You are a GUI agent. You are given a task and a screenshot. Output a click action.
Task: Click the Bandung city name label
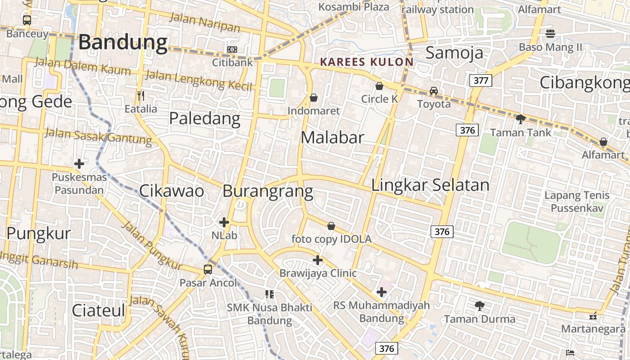[x=122, y=42]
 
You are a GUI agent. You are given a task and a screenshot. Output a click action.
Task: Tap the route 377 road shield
[x=481, y=81]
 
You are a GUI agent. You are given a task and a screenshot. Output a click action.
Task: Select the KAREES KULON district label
[x=366, y=62]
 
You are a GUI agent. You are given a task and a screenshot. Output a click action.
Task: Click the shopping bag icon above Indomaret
[x=314, y=98]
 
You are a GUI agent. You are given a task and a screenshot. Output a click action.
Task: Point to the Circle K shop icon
[x=379, y=86]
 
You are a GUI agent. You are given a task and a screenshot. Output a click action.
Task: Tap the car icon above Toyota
[x=433, y=91]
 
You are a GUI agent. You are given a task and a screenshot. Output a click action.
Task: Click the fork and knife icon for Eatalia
[x=141, y=95]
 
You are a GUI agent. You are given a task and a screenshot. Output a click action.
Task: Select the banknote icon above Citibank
[x=232, y=49]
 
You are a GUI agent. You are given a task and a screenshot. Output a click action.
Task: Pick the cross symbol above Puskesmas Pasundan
[x=79, y=164]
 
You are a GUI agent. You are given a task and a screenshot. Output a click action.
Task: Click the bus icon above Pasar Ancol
[x=207, y=270]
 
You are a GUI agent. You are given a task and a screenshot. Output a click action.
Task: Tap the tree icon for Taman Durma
[x=480, y=306]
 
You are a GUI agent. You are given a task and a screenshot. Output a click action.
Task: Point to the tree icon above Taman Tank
[x=521, y=119]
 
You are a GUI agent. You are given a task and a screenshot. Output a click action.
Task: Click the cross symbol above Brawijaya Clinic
[x=318, y=260]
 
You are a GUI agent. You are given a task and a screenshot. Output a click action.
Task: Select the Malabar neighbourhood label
[x=332, y=137]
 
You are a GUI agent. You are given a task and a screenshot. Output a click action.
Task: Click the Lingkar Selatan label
[x=430, y=185]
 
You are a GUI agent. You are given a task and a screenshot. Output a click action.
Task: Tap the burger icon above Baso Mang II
[x=550, y=33]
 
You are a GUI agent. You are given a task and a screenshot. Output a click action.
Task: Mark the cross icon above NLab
[x=224, y=222]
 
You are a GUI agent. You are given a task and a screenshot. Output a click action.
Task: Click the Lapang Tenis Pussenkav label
[x=577, y=202]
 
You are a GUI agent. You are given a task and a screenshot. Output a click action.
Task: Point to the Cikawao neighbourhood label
[x=171, y=191]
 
